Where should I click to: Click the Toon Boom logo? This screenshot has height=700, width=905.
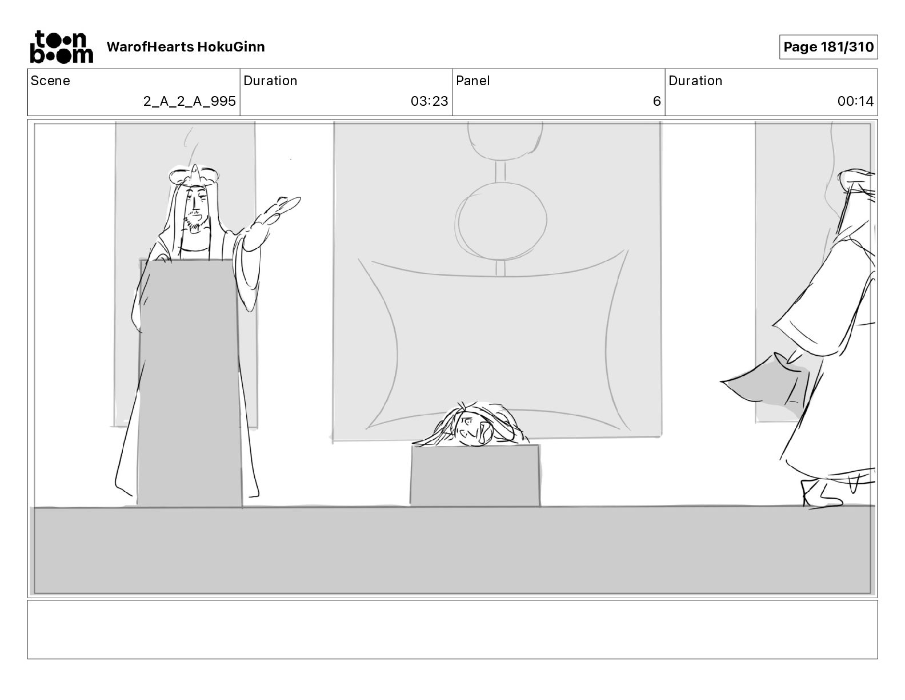point(61,47)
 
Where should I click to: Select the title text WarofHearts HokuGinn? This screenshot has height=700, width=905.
point(186,47)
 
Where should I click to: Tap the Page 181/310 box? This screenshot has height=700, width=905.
point(828,47)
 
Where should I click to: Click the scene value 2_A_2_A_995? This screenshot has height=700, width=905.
point(189,101)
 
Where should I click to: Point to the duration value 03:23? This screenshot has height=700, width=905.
point(429,101)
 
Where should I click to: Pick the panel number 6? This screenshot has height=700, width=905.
point(656,101)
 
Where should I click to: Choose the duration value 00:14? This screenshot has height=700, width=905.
point(855,101)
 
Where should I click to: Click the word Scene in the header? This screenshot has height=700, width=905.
point(50,81)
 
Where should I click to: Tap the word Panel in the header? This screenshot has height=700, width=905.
point(472,81)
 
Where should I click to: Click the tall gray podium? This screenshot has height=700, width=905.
point(190,383)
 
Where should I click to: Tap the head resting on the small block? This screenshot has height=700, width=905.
point(471,426)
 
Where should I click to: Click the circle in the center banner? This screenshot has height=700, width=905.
point(501,220)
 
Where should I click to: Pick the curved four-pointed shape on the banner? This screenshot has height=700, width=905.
point(497,343)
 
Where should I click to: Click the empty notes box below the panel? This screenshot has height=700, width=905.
point(452,629)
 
